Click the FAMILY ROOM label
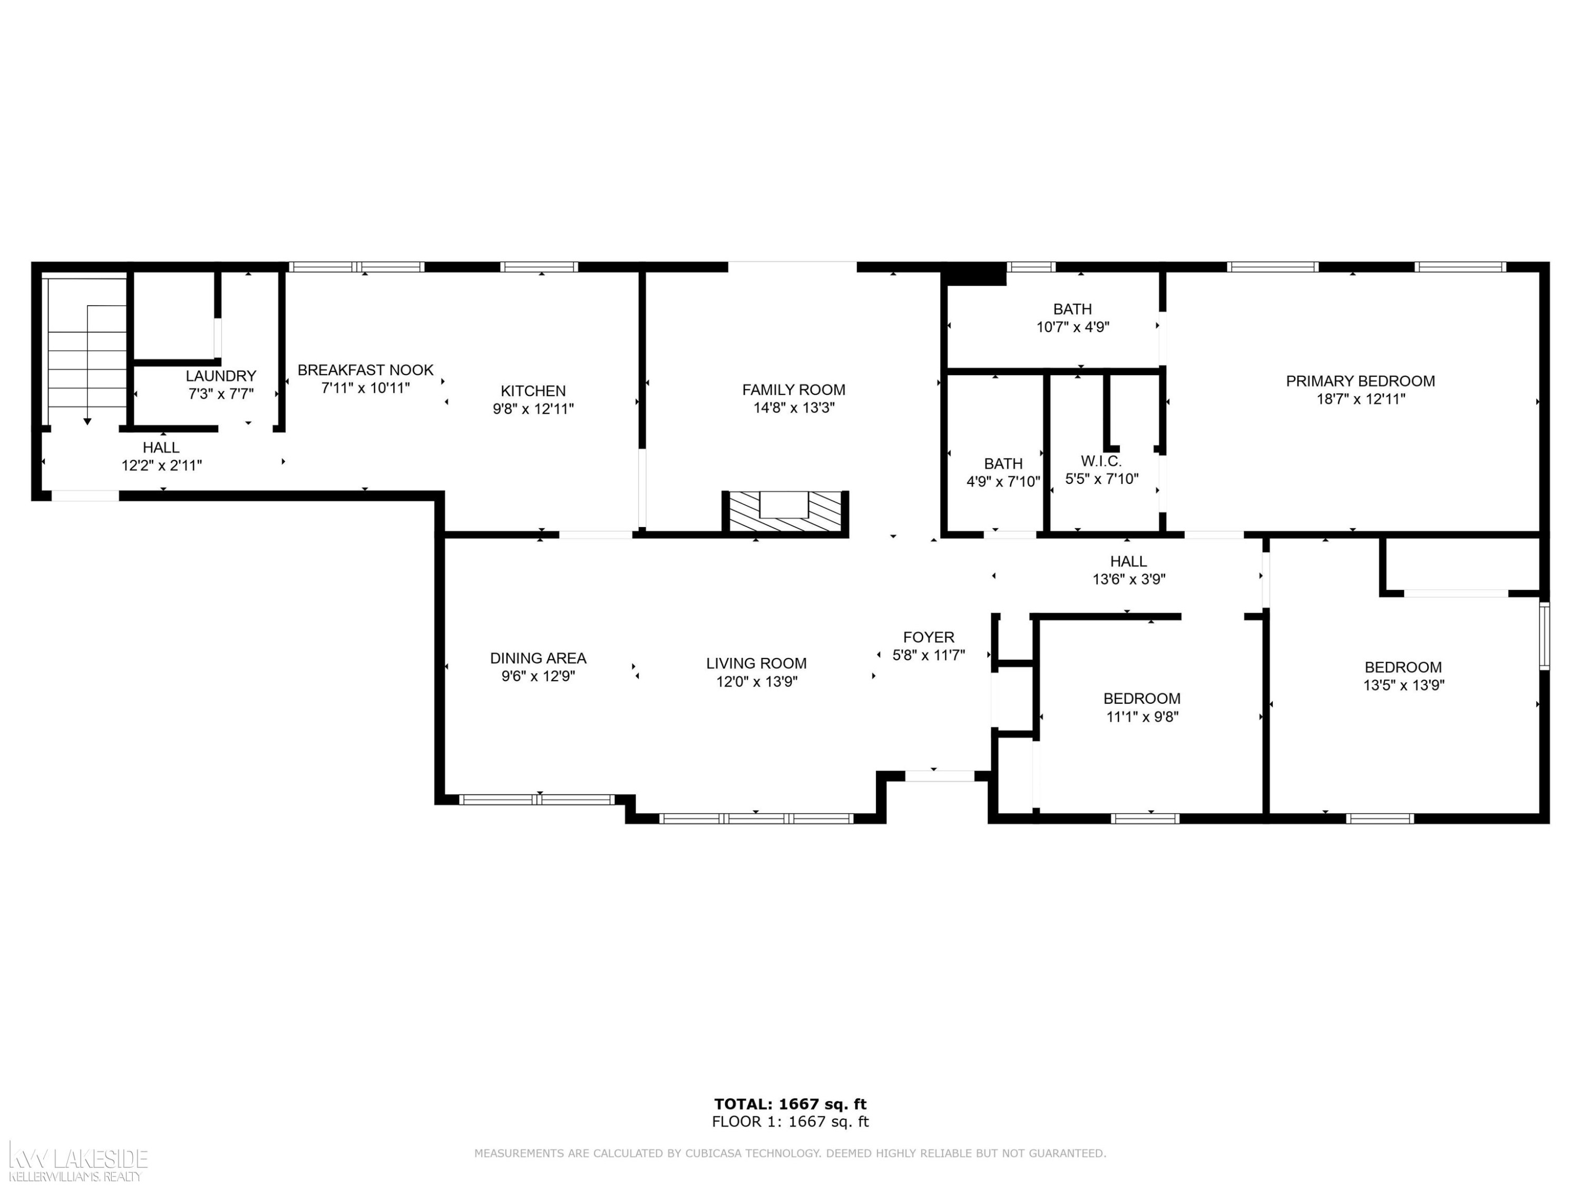coord(793,390)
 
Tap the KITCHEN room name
coord(533,391)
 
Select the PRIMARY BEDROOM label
coord(1360,381)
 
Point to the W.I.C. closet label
coord(1101,461)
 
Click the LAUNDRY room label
coord(221,376)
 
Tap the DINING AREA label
coord(538,658)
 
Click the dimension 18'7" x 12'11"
coord(1361,399)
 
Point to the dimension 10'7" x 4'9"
coord(1073,327)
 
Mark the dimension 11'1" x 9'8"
coord(1142,716)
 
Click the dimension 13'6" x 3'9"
coord(1129,579)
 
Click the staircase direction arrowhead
coord(87,422)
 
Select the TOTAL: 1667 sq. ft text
coord(790,1104)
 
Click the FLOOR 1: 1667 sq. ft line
coord(790,1122)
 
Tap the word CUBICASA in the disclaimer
coord(716,1153)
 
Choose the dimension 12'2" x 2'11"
coord(162,465)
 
